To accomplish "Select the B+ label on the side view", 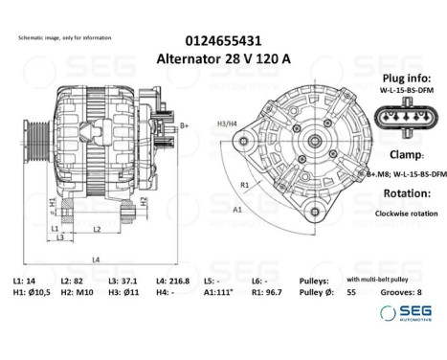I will (184, 125).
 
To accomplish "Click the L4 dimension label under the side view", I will (95, 259).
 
